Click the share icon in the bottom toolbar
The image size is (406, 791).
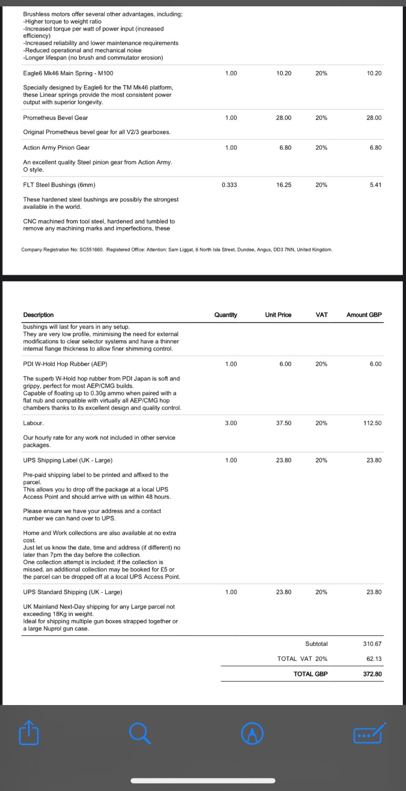(29, 732)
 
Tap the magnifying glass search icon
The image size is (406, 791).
(140, 732)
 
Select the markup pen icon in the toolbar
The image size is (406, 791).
(252, 733)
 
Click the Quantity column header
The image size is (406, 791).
(225, 315)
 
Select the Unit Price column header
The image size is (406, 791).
(278, 315)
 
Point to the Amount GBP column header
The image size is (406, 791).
(364, 315)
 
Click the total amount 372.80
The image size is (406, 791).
(372, 674)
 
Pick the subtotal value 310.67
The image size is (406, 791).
(372, 644)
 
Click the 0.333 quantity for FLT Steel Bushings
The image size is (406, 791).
(229, 185)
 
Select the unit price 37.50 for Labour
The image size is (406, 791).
(283, 423)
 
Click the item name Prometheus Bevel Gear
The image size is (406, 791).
(55, 118)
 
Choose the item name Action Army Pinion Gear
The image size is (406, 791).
(56, 148)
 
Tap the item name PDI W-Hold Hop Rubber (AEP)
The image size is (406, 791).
(65, 364)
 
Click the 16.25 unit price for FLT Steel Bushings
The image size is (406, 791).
(284, 185)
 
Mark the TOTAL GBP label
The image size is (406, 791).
(310, 674)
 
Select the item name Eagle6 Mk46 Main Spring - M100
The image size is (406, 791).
(68, 73)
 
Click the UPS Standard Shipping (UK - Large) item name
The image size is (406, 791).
(73, 592)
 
